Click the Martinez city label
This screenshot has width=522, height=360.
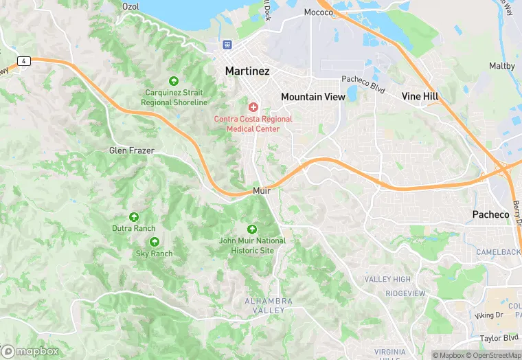247,71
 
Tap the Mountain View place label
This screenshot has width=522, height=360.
313,97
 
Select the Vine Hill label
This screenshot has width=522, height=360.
420,96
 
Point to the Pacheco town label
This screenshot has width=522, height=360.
490,214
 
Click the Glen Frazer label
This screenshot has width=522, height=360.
131,150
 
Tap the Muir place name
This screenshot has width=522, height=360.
261,190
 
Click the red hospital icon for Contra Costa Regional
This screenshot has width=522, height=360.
253,107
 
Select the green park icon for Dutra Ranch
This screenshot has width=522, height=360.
134,216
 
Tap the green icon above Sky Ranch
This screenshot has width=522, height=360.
154,242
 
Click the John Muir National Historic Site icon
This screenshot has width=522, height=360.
252,229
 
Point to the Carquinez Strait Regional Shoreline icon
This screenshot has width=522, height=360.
174,81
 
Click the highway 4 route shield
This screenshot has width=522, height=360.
24,61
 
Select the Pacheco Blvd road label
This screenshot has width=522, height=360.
363,85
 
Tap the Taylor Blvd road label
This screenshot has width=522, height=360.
499,338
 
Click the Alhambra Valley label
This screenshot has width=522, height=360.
269,306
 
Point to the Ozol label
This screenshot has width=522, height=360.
130,6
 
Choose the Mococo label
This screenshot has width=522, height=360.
318,12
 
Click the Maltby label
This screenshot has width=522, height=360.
501,66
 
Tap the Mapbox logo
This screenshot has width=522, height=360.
31,351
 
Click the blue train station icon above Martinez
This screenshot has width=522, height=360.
227,44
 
